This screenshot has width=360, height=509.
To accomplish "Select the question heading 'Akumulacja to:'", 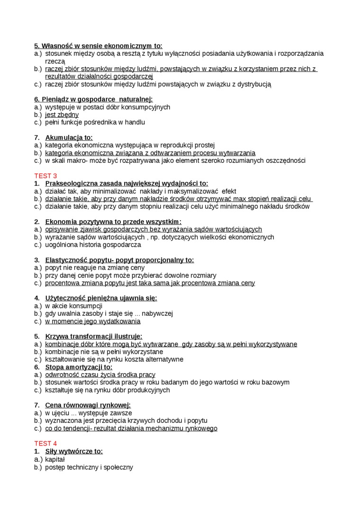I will point(69,138).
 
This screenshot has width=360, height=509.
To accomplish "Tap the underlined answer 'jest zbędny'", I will point(62,115).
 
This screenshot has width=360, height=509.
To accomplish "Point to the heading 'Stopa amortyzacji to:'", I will point(79,367).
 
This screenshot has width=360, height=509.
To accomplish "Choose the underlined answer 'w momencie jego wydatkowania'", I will point(93,321).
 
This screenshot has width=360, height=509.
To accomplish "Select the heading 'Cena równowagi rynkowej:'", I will point(88,405).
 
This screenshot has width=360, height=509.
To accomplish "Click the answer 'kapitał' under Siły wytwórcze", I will point(55,459).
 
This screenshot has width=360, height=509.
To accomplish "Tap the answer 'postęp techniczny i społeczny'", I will point(89,467).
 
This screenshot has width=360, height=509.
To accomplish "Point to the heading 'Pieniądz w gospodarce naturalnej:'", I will point(93,99).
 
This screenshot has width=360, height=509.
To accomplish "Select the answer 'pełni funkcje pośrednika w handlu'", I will point(95,122).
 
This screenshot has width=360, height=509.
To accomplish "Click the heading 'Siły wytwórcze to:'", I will point(74,451).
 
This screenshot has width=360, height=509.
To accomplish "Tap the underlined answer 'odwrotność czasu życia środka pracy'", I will point(100,375).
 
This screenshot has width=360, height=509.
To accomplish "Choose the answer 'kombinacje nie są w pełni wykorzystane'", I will point(104,352).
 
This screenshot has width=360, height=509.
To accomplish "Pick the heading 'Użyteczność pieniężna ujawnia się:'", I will point(101,298).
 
